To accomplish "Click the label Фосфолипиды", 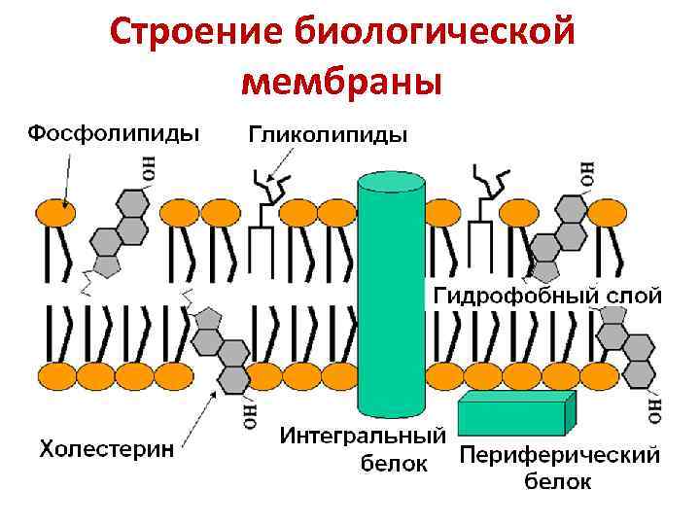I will pyautogui.click(x=113, y=133).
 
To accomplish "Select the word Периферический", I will pyautogui.click(x=559, y=454).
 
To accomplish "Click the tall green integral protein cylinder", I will pyautogui.click(x=393, y=292).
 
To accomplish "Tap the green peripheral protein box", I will pyautogui.click(x=515, y=412).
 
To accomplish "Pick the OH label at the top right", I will pyautogui.click(x=586, y=173).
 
